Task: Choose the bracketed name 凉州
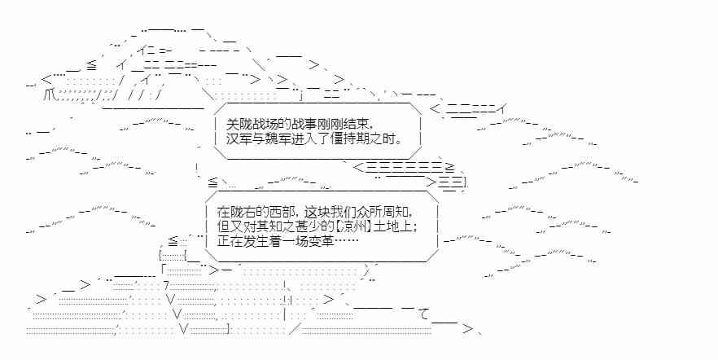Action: coord(351,226)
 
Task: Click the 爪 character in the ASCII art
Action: coord(51,94)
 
